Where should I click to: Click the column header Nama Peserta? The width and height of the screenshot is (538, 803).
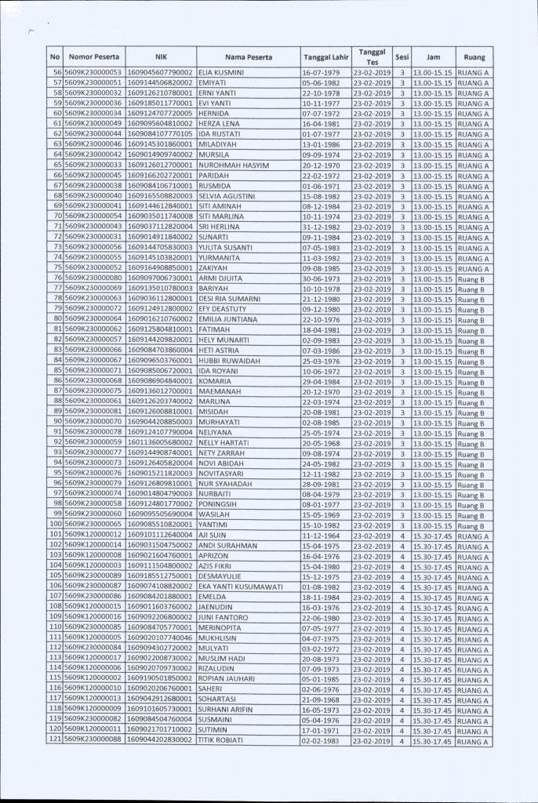[x=248, y=57]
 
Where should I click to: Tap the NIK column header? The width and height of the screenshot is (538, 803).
[x=161, y=57]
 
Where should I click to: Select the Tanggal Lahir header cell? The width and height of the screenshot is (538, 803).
[x=325, y=57]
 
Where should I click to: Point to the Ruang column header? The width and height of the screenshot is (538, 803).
[x=474, y=57]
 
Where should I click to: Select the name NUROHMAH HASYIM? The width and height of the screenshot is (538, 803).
[x=234, y=165]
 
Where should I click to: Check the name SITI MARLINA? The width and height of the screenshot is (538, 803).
[x=221, y=216]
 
